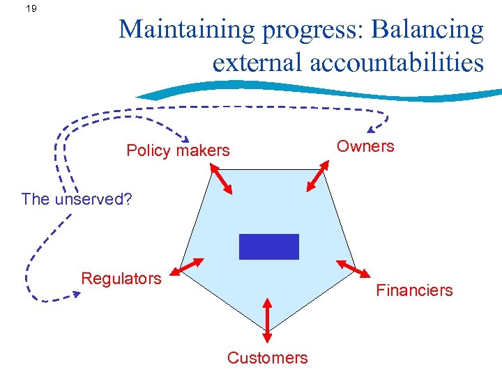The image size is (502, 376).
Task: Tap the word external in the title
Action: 257,62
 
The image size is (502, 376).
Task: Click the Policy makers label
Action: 178,150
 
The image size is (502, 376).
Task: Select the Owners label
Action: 365,146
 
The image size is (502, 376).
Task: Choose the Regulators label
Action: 121,279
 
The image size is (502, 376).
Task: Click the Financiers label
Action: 414,290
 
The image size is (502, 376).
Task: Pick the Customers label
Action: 267,358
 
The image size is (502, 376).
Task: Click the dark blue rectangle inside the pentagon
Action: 268,246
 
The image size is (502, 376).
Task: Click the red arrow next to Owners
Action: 319,175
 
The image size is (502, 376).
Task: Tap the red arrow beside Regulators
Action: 189,267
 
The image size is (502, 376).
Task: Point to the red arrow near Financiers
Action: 353,269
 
